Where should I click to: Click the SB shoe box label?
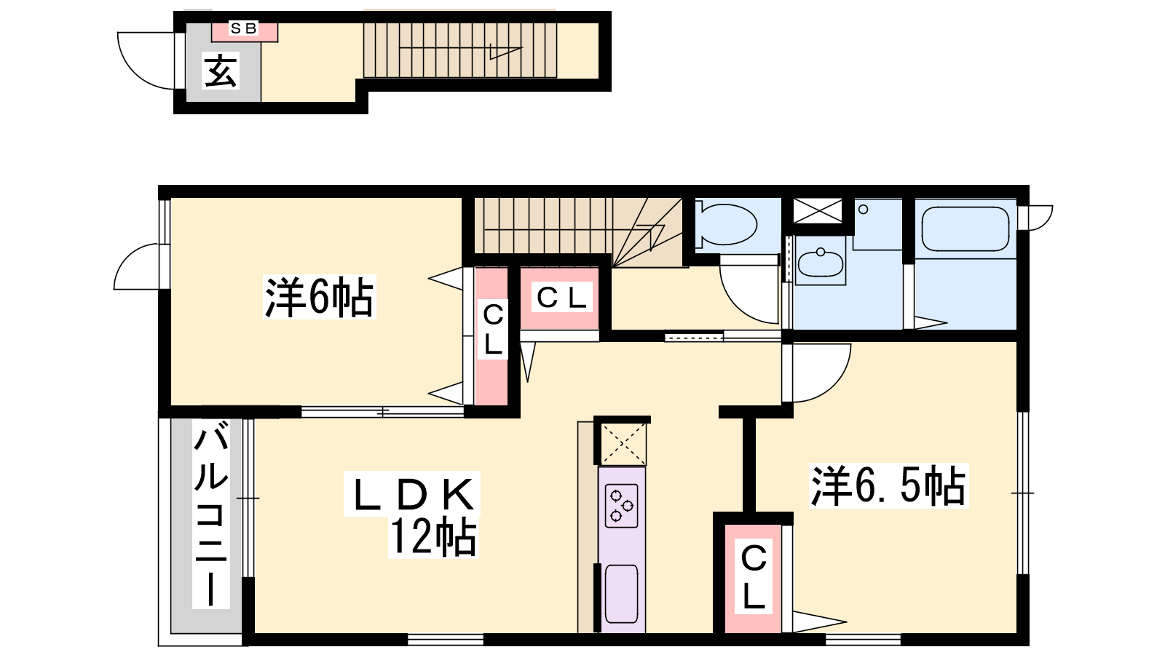[x=243, y=28]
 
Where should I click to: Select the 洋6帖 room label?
[x=320, y=298]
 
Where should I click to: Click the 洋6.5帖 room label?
[x=888, y=485]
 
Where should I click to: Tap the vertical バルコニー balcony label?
[x=211, y=514]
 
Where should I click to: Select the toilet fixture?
[x=727, y=224]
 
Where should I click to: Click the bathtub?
[x=965, y=229]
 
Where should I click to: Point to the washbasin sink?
[x=820, y=263]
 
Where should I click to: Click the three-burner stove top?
[x=622, y=505]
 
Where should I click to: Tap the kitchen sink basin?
[x=622, y=593]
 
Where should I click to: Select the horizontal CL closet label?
[x=562, y=298]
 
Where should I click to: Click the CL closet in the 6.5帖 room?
[x=754, y=577]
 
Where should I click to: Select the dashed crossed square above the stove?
[x=623, y=443]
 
